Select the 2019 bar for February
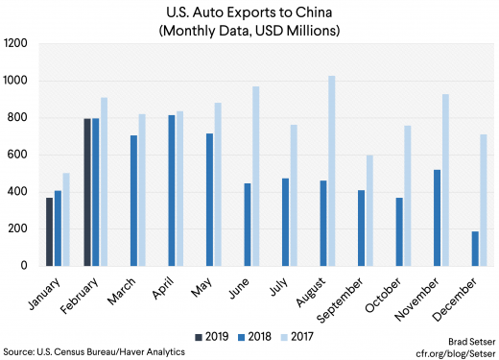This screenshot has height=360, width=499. click(x=87, y=192)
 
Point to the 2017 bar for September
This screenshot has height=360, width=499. click(x=369, y=210)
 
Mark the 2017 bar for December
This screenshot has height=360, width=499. click(x=483, y=200)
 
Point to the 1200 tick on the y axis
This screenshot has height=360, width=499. click(x=15, y=44)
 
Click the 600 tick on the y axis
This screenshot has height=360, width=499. click(x=18, y=156)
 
